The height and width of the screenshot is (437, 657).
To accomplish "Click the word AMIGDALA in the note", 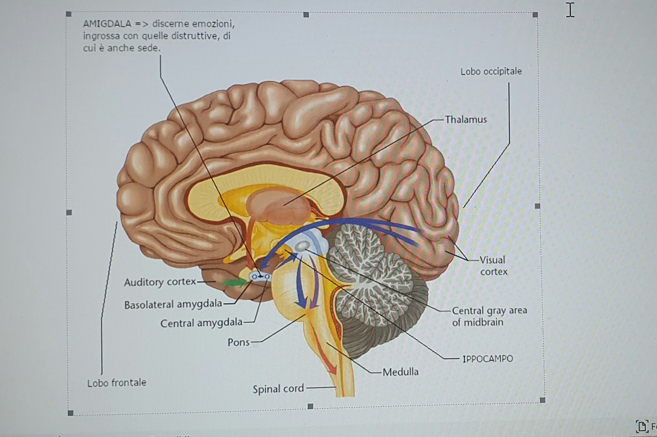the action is click(107, 24).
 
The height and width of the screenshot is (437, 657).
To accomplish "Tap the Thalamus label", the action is click(466, 119).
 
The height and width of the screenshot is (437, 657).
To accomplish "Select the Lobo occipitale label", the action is click(491, 72).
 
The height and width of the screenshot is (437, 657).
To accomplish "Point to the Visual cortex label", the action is click(493, 266).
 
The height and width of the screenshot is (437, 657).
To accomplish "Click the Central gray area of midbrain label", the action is click(489, 317).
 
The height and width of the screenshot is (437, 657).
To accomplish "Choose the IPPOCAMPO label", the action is click(488, 359).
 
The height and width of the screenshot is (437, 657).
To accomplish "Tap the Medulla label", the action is click(400, 372).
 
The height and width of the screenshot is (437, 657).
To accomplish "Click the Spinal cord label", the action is click(278, 389).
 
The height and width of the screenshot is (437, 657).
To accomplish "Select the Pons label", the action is click(239, 342).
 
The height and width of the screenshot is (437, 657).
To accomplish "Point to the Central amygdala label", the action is click(201, 323).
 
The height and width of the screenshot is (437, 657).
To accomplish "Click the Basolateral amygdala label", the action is click(173, 304).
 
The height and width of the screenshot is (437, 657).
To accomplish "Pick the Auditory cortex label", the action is click(160, 282).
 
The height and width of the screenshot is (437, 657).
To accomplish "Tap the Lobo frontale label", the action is click(117, 383).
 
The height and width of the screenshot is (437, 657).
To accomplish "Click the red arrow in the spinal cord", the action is click(325, 346).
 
